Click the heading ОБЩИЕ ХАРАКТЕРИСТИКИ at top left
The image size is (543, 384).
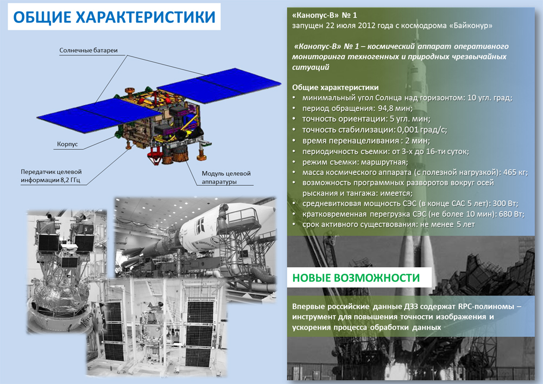114,17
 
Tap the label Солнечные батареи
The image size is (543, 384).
89,51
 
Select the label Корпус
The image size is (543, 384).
67,144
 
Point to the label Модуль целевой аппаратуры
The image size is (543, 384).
226,177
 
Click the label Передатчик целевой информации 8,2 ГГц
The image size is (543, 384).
51,175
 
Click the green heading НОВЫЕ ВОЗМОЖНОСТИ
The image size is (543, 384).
356,278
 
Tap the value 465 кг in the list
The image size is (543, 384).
516,172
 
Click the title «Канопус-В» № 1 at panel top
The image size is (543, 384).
325,15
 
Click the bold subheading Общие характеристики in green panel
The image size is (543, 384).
335,87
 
